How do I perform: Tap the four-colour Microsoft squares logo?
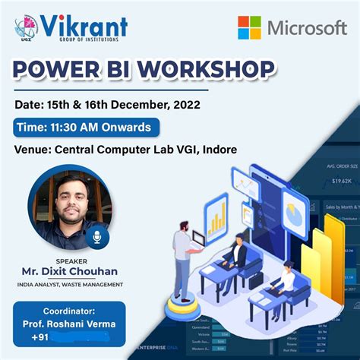[x=249, y=28]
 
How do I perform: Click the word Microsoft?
[x=306, y=29]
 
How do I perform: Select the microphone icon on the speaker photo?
[x=97, y=237]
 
